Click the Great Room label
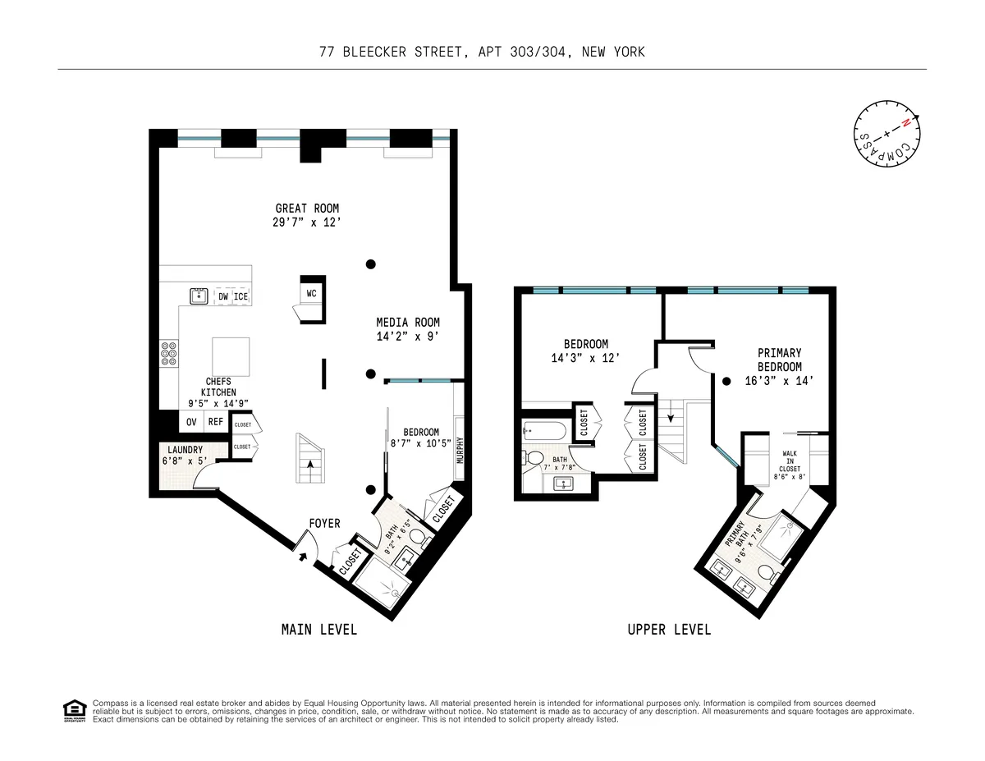click(x=307, y=209)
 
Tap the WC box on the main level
click(x=311, y=293)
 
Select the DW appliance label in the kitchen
click(x=223, y=296)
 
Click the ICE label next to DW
click(x=241, y=296)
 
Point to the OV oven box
click(x=191, y=422)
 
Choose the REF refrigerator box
click(x=215, y=422)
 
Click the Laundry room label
click(x=185, y=450)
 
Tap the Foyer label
click(x=324, y=523)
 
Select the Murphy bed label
click(x=460, y=448)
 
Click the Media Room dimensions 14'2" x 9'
click(x=408, y=336)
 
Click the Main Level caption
click(x=319, y=630)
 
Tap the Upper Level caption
click(x=669, y=630)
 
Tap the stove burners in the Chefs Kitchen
click(x=170, y=354)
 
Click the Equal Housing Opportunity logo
click(x=74, y=711)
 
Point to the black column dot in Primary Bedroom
click(x=726, y=381)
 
